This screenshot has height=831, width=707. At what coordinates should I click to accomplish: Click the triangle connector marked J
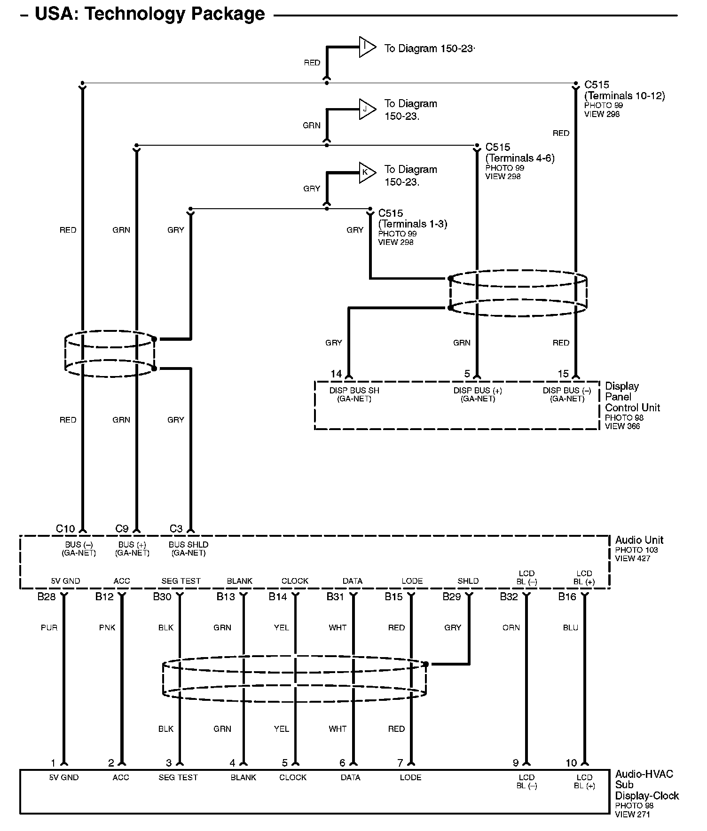(x=366, y=110)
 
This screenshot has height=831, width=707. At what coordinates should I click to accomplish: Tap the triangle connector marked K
(x=366, y=172)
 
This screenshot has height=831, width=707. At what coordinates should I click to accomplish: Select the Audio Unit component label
(x=639, y=540)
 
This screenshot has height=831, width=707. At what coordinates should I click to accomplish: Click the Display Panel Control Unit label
(x=632, y=397)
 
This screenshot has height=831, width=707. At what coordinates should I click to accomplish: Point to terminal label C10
(x=65, y=529)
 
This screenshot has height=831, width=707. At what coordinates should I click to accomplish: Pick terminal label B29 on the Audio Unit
(x=452, y=597)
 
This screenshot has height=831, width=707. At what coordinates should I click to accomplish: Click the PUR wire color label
(x=49, y=627)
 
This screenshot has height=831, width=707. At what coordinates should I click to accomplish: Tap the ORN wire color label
(x=511, y=627)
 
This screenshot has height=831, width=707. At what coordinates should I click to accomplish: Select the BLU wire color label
(x=570, y=627)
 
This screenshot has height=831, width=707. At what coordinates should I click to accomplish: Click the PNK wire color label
(x=107, y=627)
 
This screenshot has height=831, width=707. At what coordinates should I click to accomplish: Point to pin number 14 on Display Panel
(x=336, y=374)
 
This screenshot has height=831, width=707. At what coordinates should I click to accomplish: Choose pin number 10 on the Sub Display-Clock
(x=571, y=763)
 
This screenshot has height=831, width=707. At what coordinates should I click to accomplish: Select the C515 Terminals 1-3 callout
(x=412, y=219)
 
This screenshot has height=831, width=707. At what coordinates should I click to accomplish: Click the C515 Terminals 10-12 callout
(x=624, y=90)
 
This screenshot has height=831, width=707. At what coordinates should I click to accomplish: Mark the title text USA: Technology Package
(x=150, y=14)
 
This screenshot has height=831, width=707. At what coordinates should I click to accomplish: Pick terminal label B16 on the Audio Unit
(x=567, y=597)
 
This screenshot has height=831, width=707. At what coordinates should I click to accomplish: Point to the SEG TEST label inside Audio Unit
(x=181, y=581)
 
